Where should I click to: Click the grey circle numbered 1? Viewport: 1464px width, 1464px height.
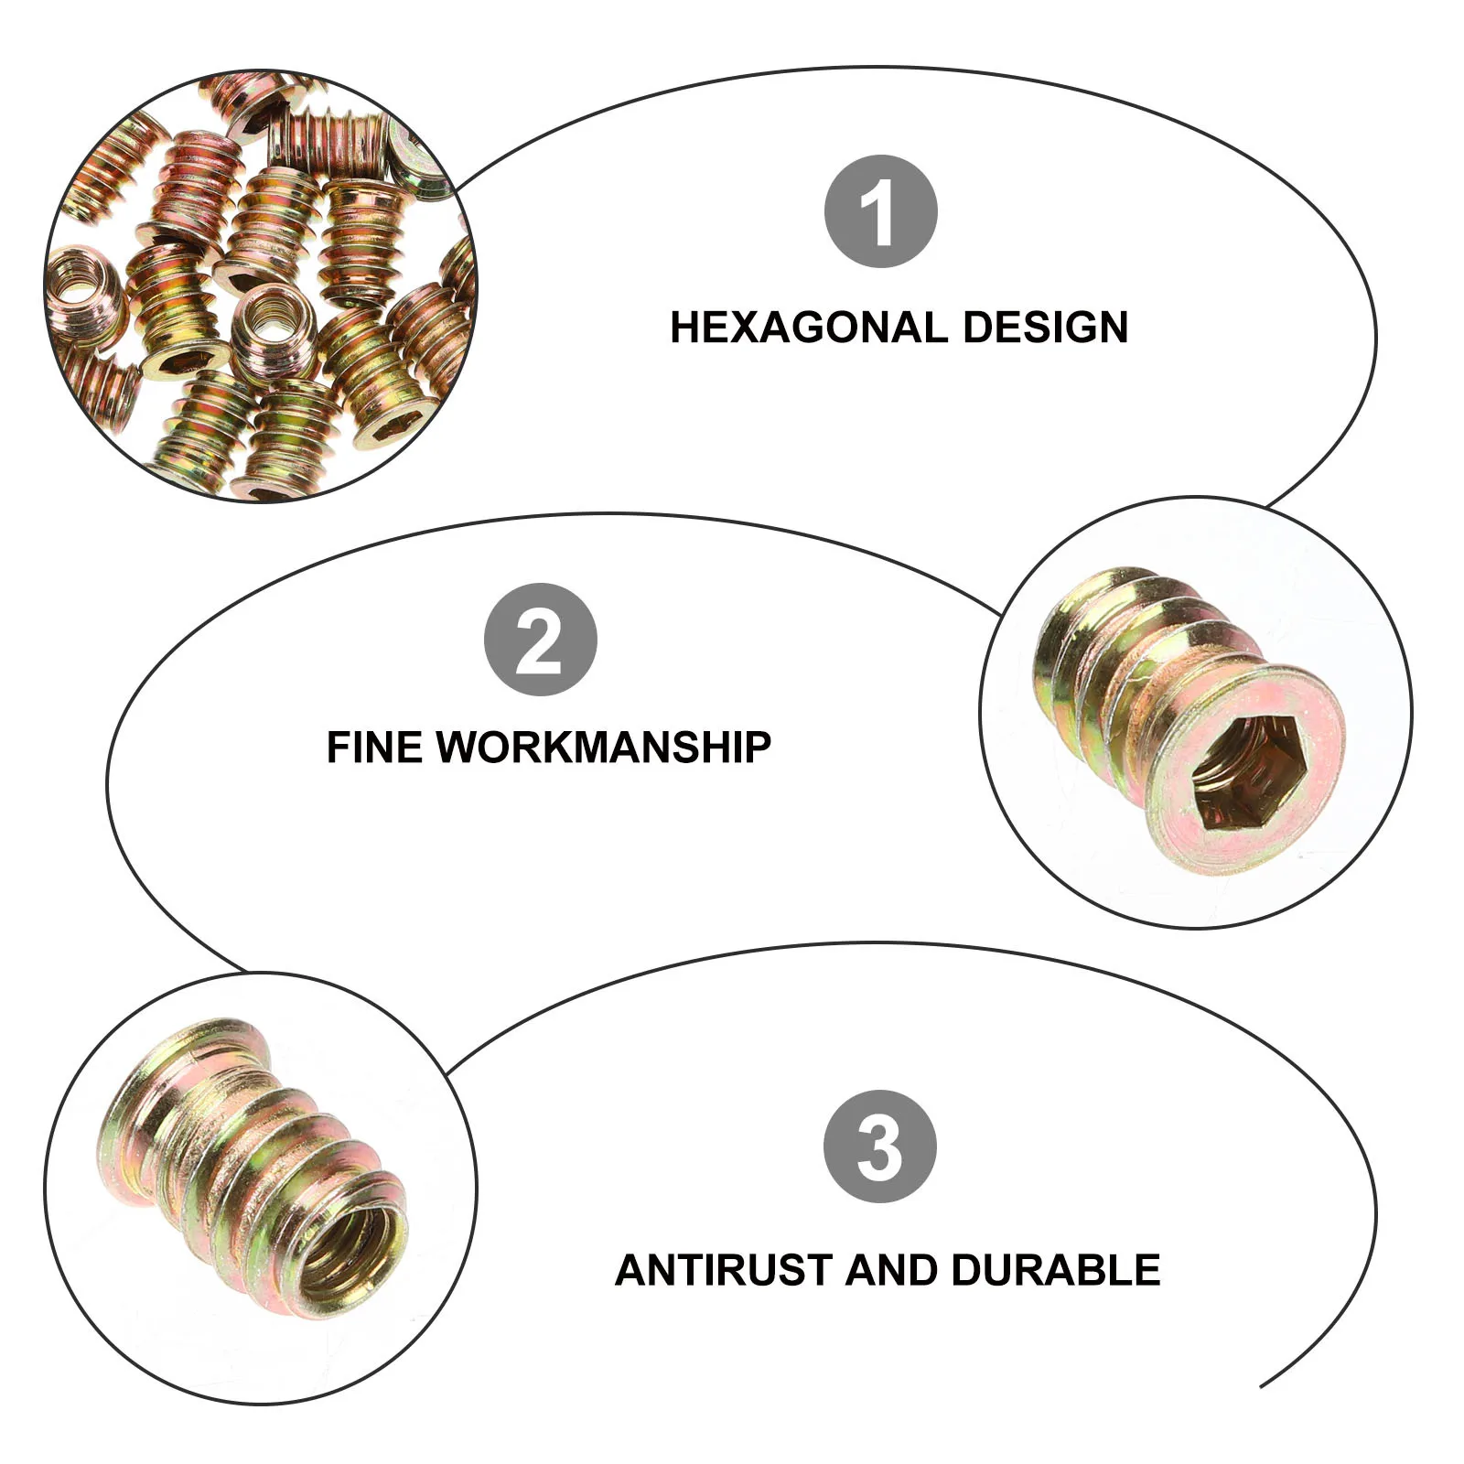tap(880, 211)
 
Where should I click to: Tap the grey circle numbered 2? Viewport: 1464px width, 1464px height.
tap(540, 640)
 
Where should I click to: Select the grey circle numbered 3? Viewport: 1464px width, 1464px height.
tap(880, 1146)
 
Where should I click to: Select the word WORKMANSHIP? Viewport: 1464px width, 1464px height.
tap(603, 748)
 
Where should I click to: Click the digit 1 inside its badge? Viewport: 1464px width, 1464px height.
tap(878, 211)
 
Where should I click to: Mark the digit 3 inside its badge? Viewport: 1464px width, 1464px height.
tap(880, 1146)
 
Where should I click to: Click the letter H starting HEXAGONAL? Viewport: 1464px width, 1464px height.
tap(686, 328)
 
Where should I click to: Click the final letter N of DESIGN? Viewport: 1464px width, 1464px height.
tap(1113, 328)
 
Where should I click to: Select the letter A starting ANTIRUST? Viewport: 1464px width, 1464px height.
tap(631, 1271)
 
